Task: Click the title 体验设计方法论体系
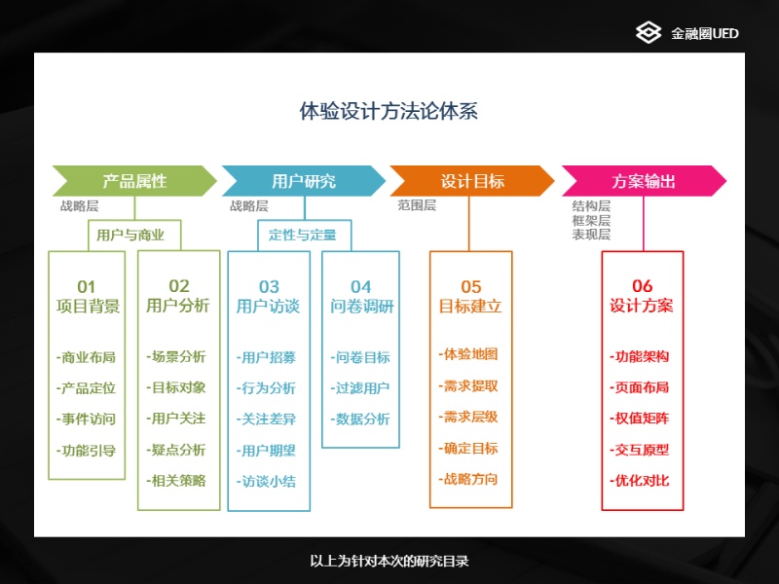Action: point(389,111)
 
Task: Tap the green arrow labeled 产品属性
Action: point(134,181)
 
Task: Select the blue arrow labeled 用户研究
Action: point(304,181)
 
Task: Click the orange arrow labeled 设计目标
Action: point(472,181)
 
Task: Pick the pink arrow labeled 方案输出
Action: point(644,181)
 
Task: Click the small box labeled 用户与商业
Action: point(134,236)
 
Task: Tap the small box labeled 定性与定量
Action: point(304,236)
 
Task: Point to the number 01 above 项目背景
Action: point(86,286)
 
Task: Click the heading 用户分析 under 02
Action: point(178,306)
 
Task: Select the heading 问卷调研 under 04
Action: point(362,306)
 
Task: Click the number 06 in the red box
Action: point(642,286)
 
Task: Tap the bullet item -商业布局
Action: point(86,357)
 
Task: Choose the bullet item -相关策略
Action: point(176,481)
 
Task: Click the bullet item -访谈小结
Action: point(266,481)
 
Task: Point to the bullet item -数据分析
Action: point(360,420)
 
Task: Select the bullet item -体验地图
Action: point(468,354)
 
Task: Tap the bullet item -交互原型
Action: point(640,450)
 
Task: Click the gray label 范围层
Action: point(417,205)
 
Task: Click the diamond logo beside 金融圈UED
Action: point(649,33)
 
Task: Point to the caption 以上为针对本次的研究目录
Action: point(389,562)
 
